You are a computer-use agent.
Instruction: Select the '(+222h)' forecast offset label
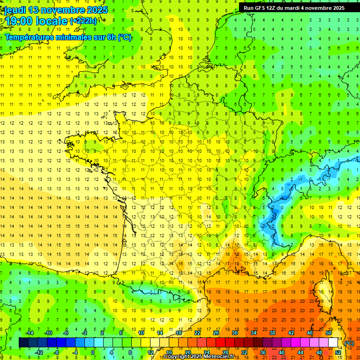84,21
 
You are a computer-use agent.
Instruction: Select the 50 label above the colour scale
328,333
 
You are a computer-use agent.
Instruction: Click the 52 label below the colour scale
338,352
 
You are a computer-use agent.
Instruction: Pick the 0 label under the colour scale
93,352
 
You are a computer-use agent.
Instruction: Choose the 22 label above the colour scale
197,333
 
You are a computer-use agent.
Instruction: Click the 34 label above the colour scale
254,333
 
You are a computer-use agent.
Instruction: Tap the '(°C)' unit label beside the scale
349,343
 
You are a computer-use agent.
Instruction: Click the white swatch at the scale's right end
333,343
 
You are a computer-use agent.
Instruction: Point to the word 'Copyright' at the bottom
177,357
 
